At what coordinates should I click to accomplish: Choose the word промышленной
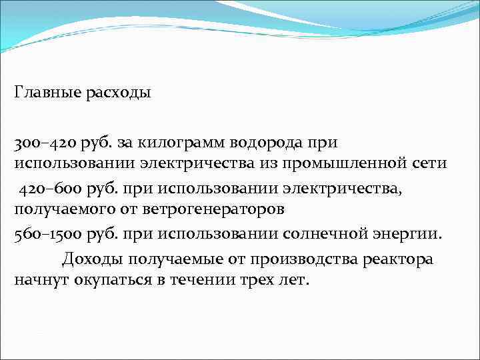click(x=351, y=163)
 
